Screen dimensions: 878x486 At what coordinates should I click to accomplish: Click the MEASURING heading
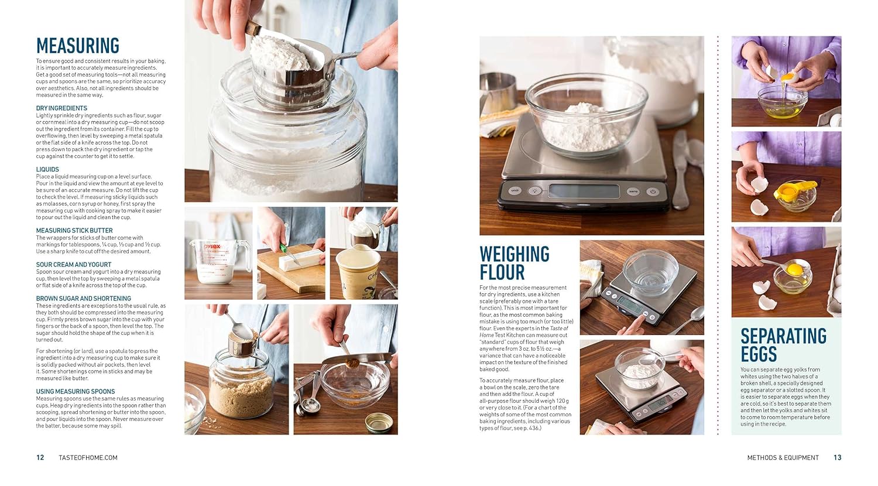78,46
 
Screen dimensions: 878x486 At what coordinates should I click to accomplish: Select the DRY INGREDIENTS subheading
61,108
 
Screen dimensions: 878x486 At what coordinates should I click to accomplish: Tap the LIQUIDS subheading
47,169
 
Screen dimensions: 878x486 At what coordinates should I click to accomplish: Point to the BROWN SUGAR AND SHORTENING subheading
84,299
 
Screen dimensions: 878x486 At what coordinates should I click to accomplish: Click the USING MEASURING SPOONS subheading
76,392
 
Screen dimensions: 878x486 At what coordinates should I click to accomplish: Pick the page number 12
40,457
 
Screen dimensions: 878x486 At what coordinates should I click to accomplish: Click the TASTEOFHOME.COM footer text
88,457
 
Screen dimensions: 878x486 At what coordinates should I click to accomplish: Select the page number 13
837,457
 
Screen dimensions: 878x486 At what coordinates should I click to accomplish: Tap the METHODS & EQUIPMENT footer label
783,457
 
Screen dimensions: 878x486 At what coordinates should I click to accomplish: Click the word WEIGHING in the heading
515,254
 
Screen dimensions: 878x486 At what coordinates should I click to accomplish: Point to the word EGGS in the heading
759,354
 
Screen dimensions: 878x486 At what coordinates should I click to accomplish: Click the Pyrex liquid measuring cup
220,261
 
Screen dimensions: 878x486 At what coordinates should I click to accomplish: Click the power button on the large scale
652,192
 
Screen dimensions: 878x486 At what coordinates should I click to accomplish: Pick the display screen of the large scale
584,191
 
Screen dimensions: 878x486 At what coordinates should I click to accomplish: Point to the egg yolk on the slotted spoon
795,269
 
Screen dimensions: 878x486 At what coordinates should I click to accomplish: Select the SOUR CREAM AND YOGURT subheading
74,265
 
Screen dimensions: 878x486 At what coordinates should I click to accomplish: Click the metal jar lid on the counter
379,423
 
